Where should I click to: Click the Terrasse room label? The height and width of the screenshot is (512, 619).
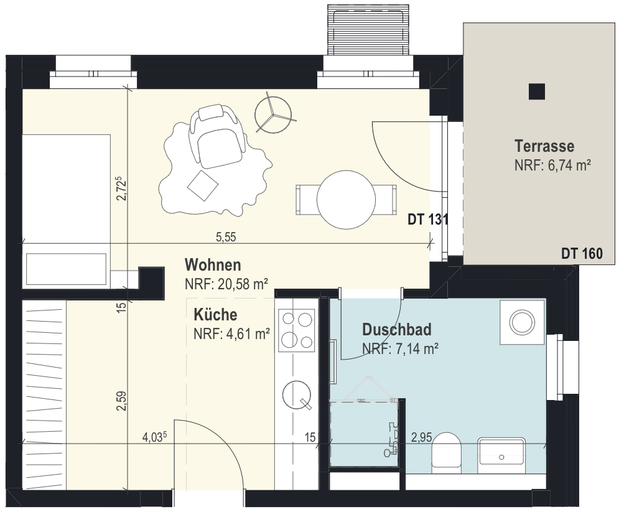pyautogui.click(x=544, y=146)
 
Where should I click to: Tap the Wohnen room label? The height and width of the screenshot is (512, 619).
pyautogui.click(x=213, y=265)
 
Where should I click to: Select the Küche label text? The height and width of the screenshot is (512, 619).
pyautogui.click(x=215, y=315)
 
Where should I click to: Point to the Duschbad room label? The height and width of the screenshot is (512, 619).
pyautogui.click(x=397, y=330)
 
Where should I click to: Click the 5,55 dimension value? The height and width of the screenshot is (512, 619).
pyautogui.click(x=226, y=237)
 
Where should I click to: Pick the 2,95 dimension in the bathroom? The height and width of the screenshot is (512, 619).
pyautogui.click(x=422, y=437)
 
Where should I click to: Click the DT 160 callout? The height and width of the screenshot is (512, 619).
pyautogui.click(x=582, y=253)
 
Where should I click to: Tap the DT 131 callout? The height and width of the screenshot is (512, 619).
pyautogui.click(x=428, y=220)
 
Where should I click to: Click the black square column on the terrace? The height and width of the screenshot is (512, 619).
pyautogui.click(x=537, y=91)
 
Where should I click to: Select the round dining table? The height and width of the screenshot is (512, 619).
pyautogui.click(x=346, y=200)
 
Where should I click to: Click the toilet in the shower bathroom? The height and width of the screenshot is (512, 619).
pyautogui.click(x=447, y=453)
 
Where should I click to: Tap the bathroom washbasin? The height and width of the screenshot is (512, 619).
pyautogui.click(x=501, y=455)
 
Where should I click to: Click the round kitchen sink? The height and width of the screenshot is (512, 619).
pyautogui.click(x=297, y=395)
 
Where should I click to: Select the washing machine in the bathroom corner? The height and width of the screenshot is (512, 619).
pyautogui.click(x=523, y=322)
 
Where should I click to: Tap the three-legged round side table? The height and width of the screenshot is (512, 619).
pyautogui.click(x=273, y=114)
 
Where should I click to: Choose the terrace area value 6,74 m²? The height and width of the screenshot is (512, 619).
pyautogui.click(x=552, y=165)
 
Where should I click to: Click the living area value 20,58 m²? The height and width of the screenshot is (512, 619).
pyautogui.click(x=226, y=284)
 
